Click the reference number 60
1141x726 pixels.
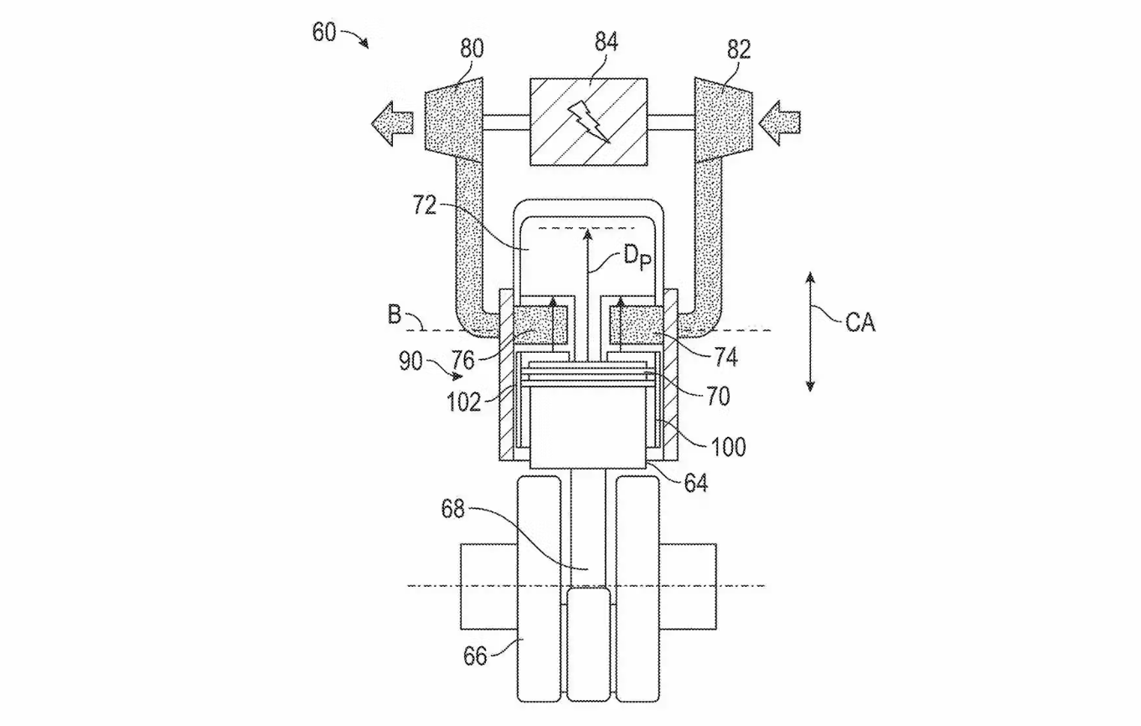coord(324,33)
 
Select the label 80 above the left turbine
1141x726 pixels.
coord(472,49)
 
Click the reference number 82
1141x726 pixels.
coord(739,49)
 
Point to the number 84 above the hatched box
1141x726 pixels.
coord(607,42)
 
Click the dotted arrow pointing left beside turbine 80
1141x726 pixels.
coord(392,123)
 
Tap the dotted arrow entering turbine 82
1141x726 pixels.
coord(779,123)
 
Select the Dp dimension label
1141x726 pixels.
coord(638,257)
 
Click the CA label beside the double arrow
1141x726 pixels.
coord(860,322)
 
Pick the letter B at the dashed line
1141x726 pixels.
coord(395,314)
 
